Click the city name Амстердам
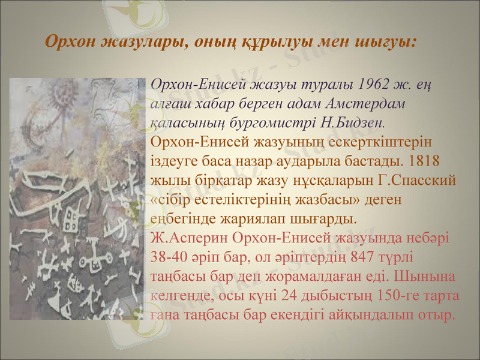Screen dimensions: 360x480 [370, 103]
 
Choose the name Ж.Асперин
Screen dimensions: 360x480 [186, 238]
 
